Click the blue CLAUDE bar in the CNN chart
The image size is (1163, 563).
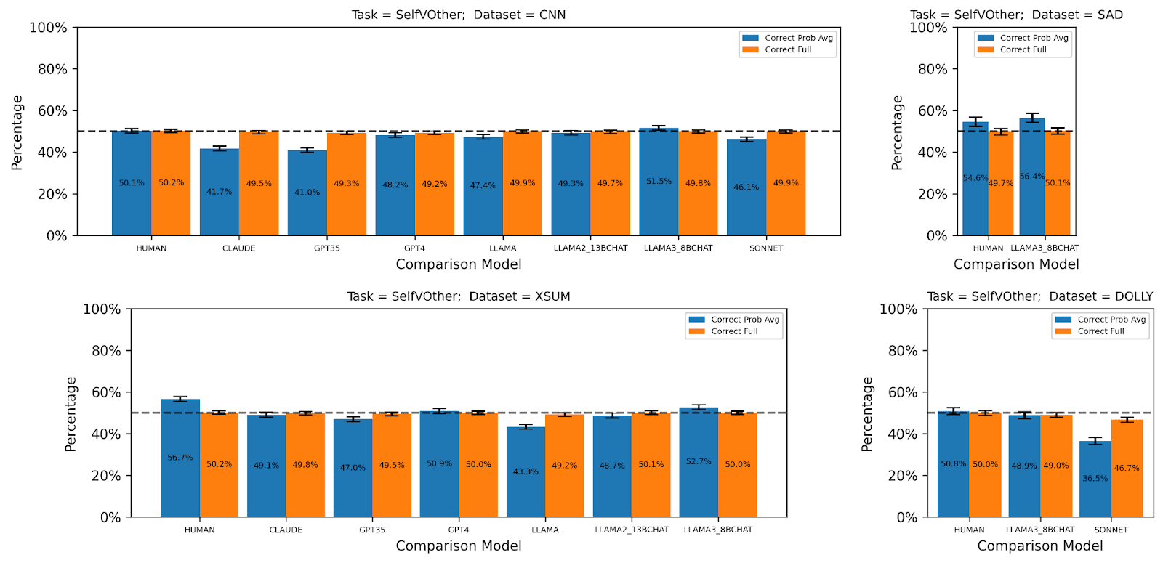click(219, 192)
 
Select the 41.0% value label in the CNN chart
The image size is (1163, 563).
click(307, 193)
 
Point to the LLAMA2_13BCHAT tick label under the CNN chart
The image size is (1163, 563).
click(590, 248)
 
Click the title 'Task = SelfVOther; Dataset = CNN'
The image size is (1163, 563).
click(459, 15)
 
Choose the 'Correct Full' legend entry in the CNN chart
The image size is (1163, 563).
click(788, 50)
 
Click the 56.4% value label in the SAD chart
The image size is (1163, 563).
click(1032, 177)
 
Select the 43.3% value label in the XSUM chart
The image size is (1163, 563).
click(526, 471)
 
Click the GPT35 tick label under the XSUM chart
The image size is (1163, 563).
click(372, 530)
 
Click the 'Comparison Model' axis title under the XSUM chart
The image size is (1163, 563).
click(459, 546)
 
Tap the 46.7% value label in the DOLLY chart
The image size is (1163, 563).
click(1127, 469)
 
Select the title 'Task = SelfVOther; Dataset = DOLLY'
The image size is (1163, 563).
click(1039, 296)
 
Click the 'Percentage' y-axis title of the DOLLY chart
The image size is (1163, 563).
click(866, 414)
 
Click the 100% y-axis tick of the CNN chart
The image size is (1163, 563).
click(48, 28)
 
